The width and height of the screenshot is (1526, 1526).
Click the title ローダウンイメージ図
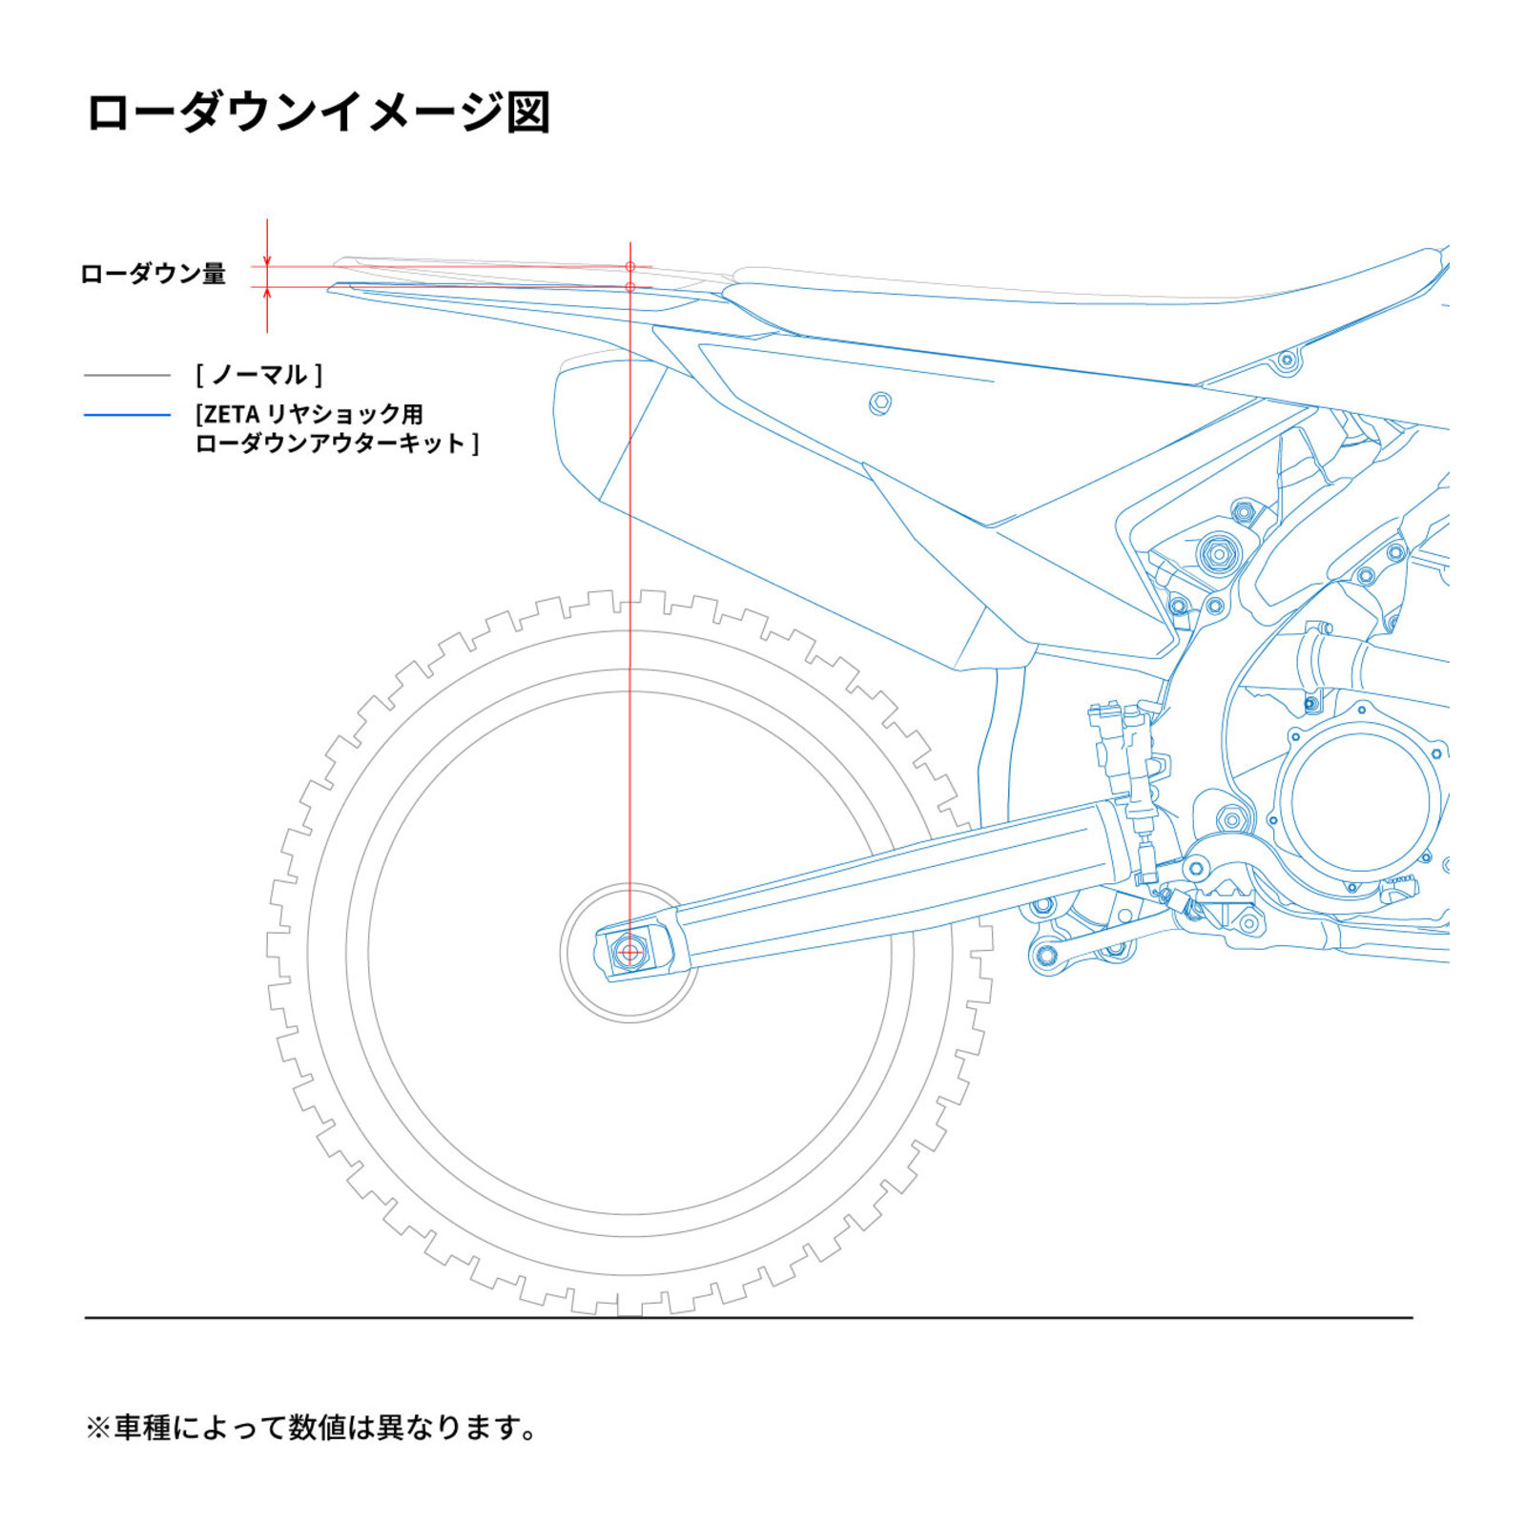click(x=319, y=112)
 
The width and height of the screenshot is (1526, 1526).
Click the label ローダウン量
click(x=153, y=274)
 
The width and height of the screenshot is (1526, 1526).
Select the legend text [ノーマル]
click(x=258, y=375)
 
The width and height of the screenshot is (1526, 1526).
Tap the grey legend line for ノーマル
click(x=127, y=376)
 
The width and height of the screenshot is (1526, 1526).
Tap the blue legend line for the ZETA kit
click(x=127, y=415)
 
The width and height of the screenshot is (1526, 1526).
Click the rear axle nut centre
click(x=629, y=951)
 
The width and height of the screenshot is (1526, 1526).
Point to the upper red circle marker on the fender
click(x=630, y=266)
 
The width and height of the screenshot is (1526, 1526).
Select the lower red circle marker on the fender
click(x=630, y=286)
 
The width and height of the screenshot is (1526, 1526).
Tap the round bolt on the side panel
click(x=880, y=403)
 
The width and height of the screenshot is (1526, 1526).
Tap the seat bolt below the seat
click(x=1287, y=361)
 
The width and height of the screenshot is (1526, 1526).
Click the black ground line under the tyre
click(x=749, y=1318)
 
